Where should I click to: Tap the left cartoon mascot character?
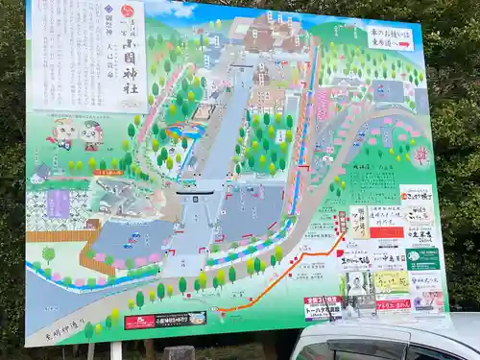62,132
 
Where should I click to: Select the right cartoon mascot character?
91,134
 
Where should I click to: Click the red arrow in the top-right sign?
404,44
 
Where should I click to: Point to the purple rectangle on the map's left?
58,203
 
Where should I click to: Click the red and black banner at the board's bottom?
165,320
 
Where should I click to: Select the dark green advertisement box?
422,258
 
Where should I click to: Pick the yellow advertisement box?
391,281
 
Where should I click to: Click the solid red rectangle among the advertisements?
386,231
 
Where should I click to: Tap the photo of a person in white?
358,284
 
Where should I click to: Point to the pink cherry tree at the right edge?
420,154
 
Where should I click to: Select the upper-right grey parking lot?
388,91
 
